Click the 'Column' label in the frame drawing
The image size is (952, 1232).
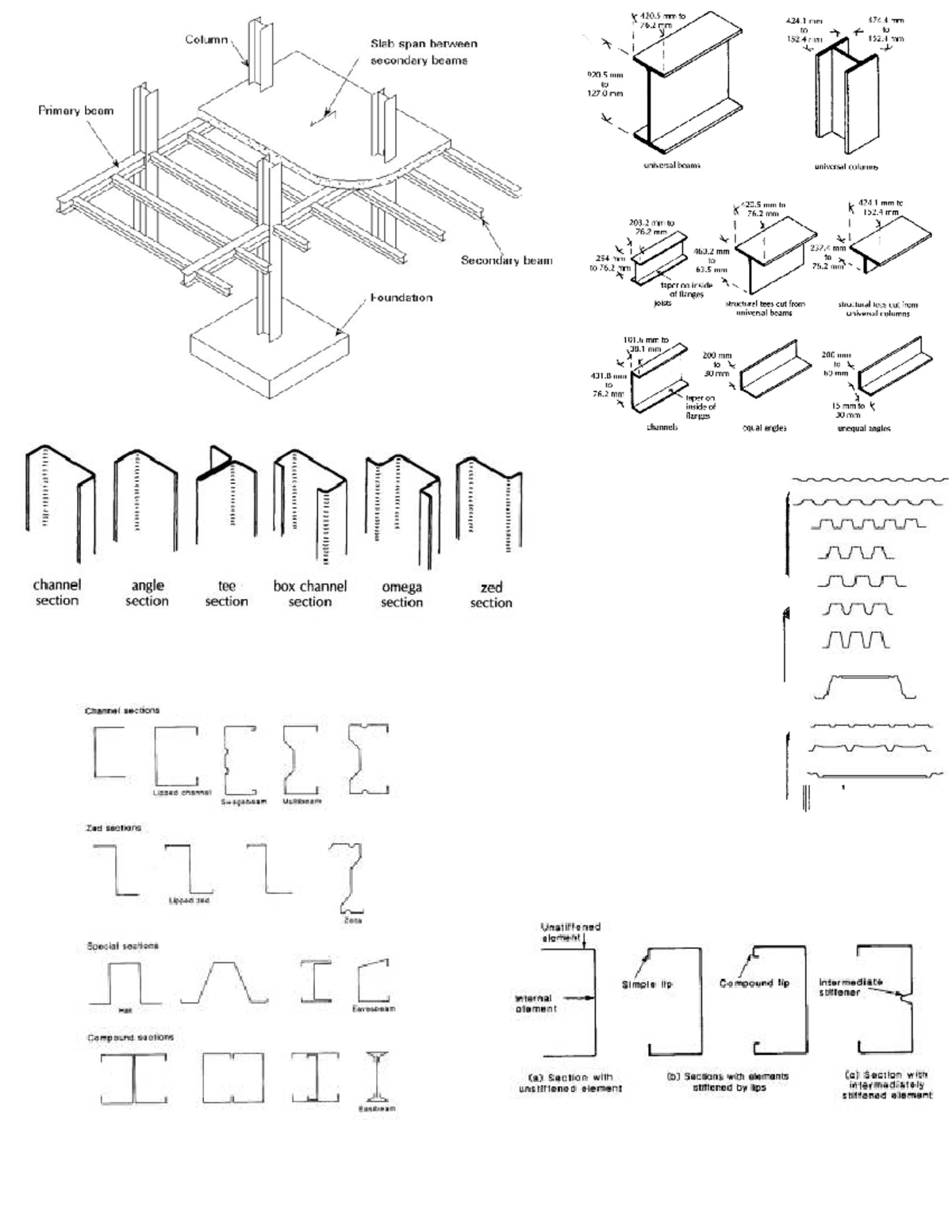point(206,40)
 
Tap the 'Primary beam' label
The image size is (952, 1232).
point(75,111)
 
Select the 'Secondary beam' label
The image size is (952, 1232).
point(506,260)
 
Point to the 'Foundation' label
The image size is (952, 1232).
point(401,298)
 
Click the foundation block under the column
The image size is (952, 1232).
point(270,357)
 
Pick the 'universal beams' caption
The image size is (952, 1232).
point(671,166)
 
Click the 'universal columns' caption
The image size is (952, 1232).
point(846,167)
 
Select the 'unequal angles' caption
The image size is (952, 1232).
point(863,428)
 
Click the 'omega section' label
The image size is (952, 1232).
point(401,595)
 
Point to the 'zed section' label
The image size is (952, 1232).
point(491,595)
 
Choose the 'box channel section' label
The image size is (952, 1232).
point(309,594)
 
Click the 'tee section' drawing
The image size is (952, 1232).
point(225,508)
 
